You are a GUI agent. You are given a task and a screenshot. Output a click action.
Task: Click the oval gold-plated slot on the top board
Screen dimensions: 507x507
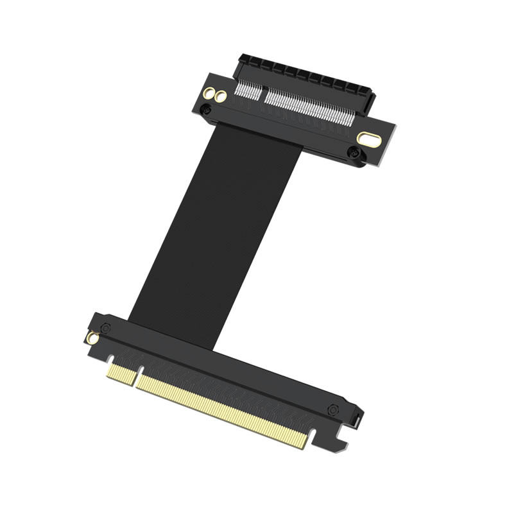tap(369, 139)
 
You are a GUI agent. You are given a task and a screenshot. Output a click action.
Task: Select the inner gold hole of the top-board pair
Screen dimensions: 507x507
tap(221, 97)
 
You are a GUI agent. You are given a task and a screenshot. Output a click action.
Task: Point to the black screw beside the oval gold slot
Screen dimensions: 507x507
tap(352, 152)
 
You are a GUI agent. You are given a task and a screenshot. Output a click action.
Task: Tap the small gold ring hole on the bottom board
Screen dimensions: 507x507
tap(94, 338)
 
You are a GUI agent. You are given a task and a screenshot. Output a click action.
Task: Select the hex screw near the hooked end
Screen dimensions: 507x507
tap(332, 409)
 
